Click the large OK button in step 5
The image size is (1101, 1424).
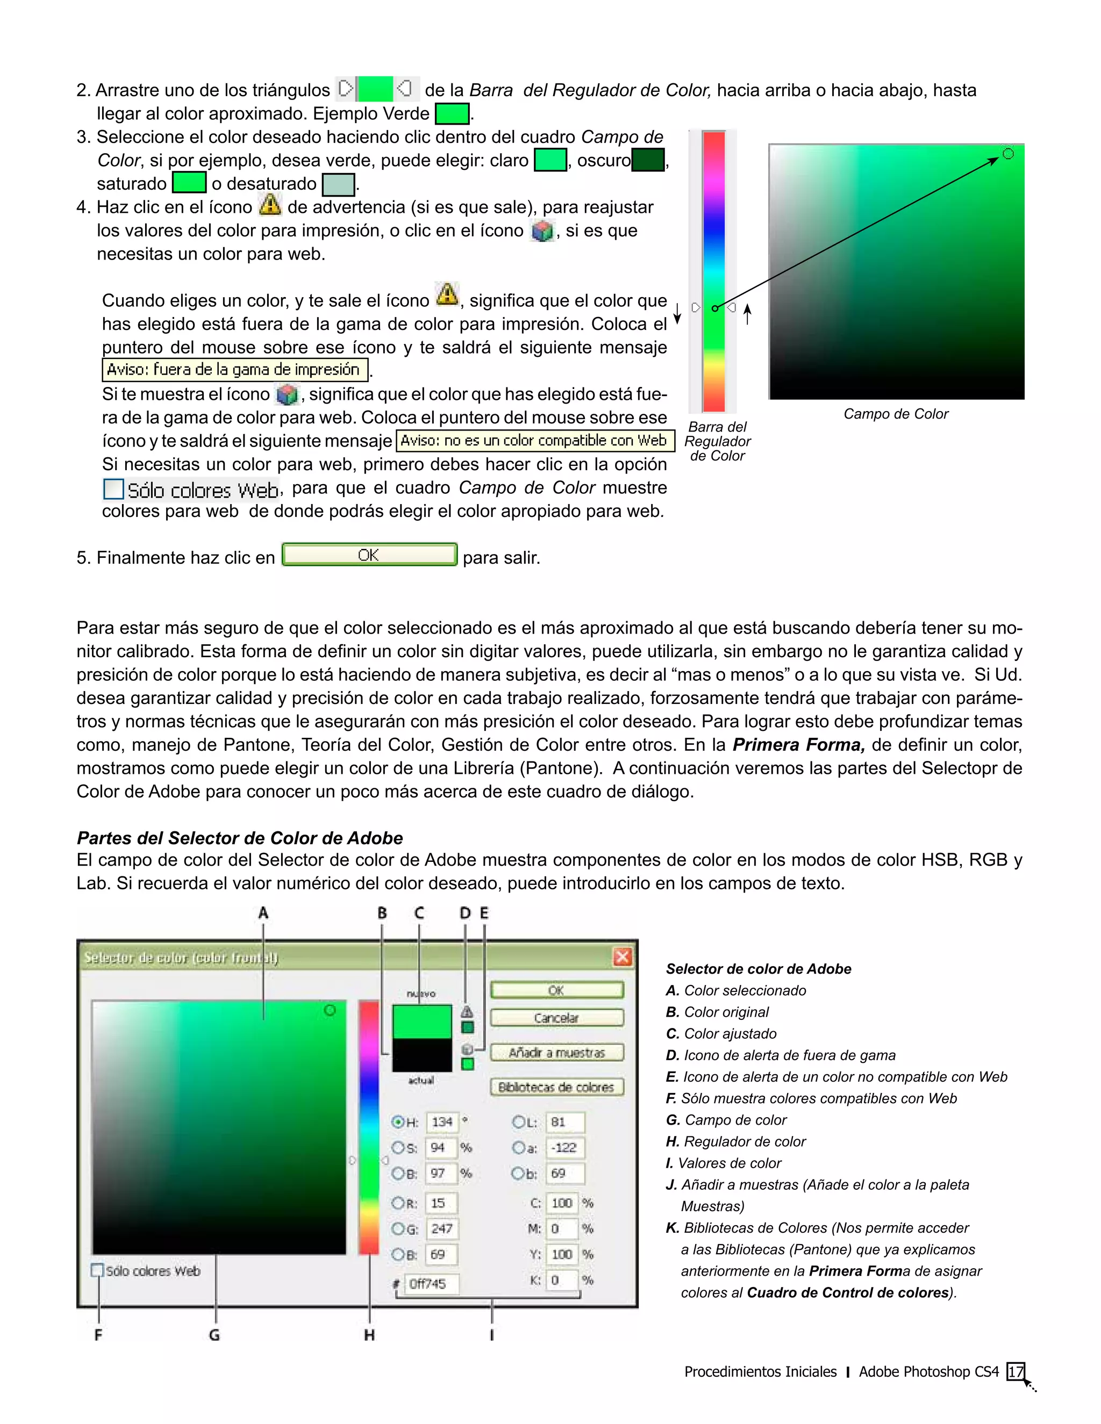click(x=369, y=555)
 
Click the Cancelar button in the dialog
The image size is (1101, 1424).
click(x=556, y=1018)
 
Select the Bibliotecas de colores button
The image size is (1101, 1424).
click(x=556, y=1087)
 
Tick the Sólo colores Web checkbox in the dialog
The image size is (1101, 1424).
click(x=98, y=1270)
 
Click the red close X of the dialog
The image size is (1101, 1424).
click(x=622, y=957)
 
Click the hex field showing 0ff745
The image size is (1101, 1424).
click(x=431, y=1284)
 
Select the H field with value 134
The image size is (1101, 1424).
click(x=442, y=1122)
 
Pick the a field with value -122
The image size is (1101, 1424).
click(x=564, y=1148)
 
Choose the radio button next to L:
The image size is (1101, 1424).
click(x=518, y=1121)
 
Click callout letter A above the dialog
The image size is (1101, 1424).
click(x=263, y=913)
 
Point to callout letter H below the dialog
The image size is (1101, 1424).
click(x=369, y=1335)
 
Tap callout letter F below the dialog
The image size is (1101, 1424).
click(x=98, y=1335)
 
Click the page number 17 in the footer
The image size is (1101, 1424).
click(x=1016, y=1371)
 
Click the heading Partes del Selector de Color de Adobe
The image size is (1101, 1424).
click(x=239, y=838)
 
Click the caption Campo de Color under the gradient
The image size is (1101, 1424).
click(x=896, y=414)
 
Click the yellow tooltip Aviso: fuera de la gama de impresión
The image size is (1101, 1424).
click(x=234, y=370)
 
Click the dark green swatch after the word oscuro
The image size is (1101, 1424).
click(x=648, y=160)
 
